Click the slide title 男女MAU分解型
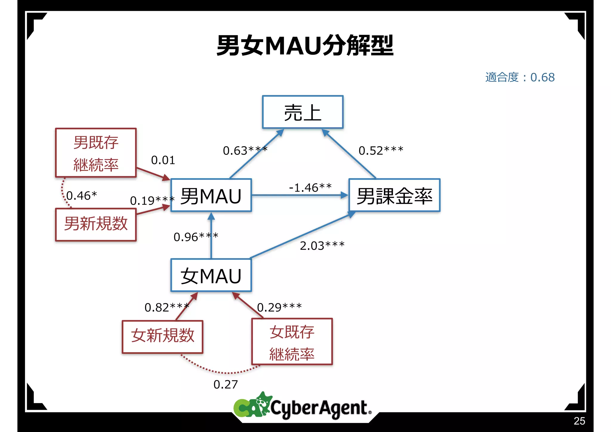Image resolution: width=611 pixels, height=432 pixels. click(x=305, y=46)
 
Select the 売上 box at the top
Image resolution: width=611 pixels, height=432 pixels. click(x=303, y=112)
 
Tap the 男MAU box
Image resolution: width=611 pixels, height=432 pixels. click(x=211, y=196)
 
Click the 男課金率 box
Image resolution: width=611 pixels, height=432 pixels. click(x=394, y=196)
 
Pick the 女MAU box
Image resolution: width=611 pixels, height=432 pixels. click(x=211, y=275)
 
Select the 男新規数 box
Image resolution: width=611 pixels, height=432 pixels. click(x=96, y=224)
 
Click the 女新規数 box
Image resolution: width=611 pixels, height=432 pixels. click(x=163, y=336)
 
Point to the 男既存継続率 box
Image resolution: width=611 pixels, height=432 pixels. click(x=96, y=153)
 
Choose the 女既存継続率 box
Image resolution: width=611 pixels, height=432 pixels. click(x=292, y=342)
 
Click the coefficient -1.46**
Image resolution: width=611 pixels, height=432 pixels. click(x=310, y=187)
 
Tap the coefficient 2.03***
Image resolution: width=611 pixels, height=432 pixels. click(x=322, y=246)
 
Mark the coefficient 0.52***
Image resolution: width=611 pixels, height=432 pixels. click(x=381, y=150)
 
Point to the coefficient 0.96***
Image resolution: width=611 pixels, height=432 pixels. click(x=196, y=237)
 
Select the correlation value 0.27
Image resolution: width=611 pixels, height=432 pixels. click(x=226, y=384)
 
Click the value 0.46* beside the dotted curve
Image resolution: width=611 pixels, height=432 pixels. click(x=81, y=196)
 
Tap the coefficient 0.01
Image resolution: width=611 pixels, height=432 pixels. click(x=163, y=160)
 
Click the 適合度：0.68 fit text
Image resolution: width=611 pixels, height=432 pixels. click(x=520, y=77)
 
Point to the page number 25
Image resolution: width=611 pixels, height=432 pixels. click(x=579, y=421)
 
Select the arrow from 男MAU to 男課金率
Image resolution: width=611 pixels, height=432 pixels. click(x=300, y=195)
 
